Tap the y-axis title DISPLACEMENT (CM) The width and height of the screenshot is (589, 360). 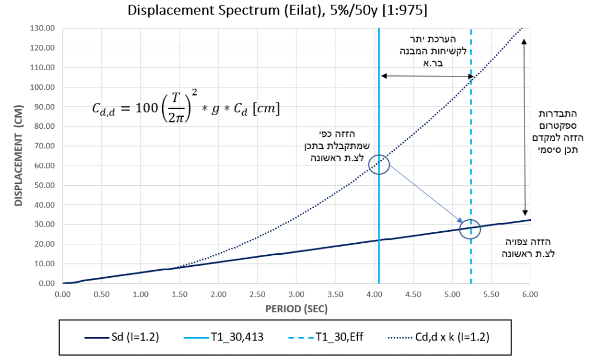tap(19, 156)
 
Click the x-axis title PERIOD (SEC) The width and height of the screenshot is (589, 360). tap(296, 309)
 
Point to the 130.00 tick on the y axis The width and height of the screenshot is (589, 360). tap(44, 28)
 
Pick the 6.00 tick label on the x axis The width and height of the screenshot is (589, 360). tap(530, 294)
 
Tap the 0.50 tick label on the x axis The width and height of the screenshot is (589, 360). tap(101, 294)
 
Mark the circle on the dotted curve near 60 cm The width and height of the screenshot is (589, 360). tap(378, 164)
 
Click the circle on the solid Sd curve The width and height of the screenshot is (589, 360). tap(470, 229)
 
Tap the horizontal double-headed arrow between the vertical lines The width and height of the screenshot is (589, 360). tap(426, 76)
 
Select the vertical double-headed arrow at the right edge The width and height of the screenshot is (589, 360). tap(525, 127)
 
